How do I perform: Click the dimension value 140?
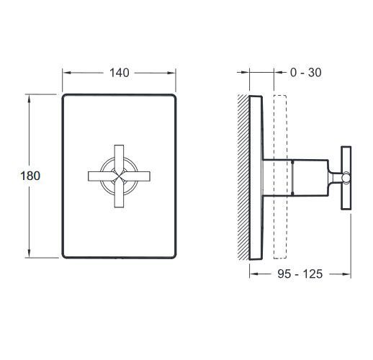click(119, 73)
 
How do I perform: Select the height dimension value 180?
click(30, 176)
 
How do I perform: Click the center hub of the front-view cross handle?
click(118, 176)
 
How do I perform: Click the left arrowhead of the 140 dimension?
click(66, 73)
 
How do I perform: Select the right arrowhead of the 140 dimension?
click(173, 73)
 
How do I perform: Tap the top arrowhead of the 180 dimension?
click(30, 96)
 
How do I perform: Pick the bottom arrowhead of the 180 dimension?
click(30, 256)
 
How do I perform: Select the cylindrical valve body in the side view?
click(295, 176)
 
